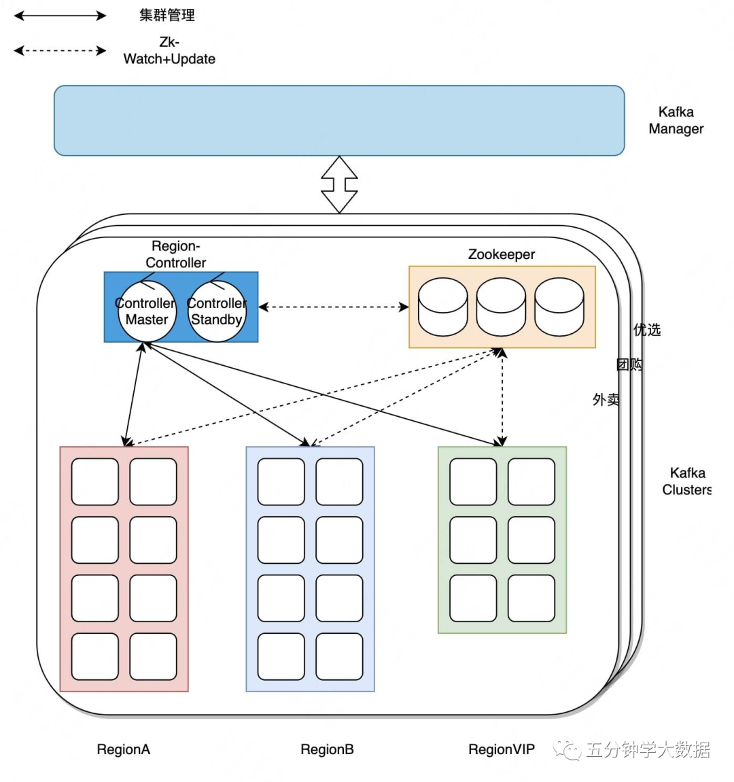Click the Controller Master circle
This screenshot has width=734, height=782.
tap(146, 311)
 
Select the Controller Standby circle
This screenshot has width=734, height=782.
tap(217, 311)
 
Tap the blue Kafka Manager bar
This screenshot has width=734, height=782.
tap(339, 120)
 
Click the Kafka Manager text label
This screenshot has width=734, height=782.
tap(676, 120)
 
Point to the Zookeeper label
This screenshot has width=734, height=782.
tap(502, 254)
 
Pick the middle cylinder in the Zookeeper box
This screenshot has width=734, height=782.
tap(501, 307)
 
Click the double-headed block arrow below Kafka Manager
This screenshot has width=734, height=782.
tap(339, 184)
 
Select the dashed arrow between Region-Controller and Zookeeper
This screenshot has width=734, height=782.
tap(333, 307)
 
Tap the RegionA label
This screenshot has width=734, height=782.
tap(123, 749)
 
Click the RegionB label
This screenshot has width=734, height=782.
tap(327, 749)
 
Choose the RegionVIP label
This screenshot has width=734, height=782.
tap(502, 749)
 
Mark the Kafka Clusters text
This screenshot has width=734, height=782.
tap(686, 481)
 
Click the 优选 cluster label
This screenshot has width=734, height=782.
tap(647, 330)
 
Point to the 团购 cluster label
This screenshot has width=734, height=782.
tap(629, 364)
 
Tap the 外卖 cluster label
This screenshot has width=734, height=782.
tap(606, 400)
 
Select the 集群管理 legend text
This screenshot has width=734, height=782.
tap(167, 15)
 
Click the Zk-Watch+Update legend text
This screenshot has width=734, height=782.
tap(169, 51)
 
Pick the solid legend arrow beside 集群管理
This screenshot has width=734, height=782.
tap(60, 16)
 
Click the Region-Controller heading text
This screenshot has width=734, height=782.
tap(175, 254)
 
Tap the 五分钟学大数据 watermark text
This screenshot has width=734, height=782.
tap(647, 749)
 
